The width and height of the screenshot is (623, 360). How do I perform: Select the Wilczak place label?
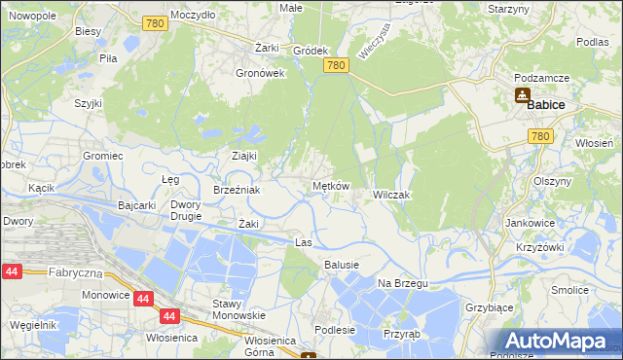tap(391, 195)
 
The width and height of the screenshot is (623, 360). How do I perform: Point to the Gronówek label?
tap(260, 73)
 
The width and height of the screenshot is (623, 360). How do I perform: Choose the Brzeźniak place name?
tap(237, 191)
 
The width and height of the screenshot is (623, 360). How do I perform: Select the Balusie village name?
tap(342, 265)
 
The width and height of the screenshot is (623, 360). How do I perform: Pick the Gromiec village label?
tap(102, 156)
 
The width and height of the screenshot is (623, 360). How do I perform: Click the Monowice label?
tap(107, 293)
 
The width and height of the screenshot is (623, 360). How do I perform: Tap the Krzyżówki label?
tap(541, 247)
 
